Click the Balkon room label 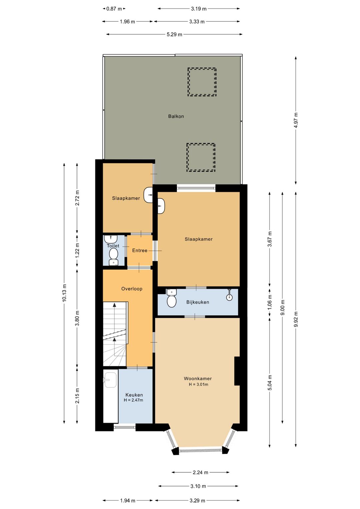176,116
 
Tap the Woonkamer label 198,379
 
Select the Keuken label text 134,395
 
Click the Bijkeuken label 198,302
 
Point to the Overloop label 132,289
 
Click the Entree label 140,250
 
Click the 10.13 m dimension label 64,293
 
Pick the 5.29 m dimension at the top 174,34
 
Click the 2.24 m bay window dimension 200,472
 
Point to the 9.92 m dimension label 296,319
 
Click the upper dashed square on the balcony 202,82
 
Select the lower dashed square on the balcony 201,157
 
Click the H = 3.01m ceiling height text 198,385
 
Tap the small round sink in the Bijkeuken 229,297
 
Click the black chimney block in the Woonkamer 237,371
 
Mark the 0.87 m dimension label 114,9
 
